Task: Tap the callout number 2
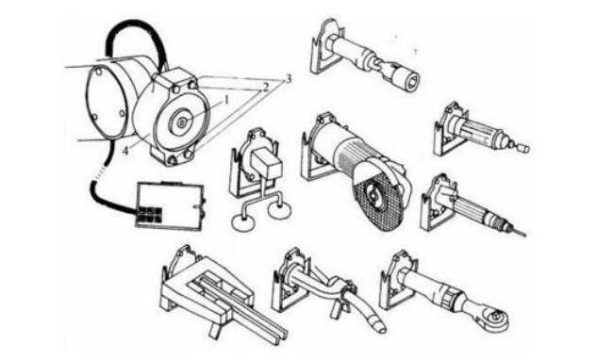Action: pyautogui.click(x=266, y=87)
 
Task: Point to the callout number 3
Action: pyautogui.click(x=289, y=79)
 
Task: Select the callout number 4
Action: pyautogui.click(x=125, y=151)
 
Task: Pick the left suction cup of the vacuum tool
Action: pyautogui.click(x=242, y=223)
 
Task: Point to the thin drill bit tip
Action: pyautogui.click(x=520, y=233)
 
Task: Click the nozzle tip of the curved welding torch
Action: pyautogui.click(x=378, y=325)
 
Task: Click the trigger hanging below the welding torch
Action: pyautogui.click(x=337, y=309)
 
